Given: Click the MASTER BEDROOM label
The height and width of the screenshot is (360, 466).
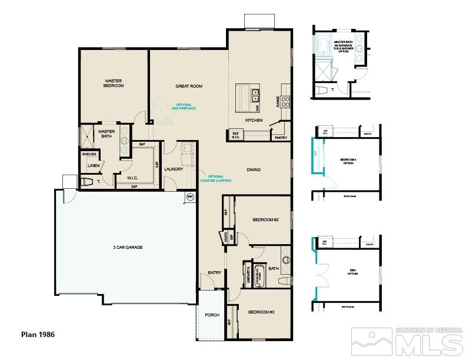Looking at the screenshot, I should [114, 84].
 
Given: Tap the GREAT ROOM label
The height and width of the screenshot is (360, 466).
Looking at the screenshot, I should [189, 86].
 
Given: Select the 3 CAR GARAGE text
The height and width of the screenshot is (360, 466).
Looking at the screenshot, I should [128, 248].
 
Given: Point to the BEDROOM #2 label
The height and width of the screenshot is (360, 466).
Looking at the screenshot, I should [265, 220].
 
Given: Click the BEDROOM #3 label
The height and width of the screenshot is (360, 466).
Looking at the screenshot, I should [261, 312].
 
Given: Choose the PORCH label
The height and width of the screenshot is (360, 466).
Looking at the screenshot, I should [212, 315].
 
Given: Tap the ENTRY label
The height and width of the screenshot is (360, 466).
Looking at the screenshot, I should [214, 273].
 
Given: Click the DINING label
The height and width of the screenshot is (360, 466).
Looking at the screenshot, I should [254, 170].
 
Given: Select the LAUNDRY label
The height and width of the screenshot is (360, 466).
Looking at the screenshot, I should [174, 169].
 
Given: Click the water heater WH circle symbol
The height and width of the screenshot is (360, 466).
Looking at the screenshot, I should [190, 196].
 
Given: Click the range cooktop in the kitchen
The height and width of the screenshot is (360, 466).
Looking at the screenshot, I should [285, 101].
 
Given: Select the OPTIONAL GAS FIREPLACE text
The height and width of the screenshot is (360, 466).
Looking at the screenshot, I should [184, 106].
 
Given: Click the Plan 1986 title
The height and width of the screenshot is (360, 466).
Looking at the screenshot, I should [38, 334].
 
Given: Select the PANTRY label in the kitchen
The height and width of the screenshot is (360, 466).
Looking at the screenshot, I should [280, 138].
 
